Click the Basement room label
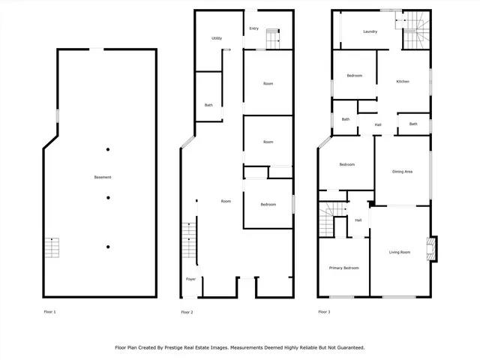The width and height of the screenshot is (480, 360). tap(103, 177)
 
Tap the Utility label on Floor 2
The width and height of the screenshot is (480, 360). tap(216, 38)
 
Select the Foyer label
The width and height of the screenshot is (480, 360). tap(190, 279)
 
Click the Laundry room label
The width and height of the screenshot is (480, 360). tap(370, 31)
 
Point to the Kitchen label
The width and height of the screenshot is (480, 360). tap(403, 81)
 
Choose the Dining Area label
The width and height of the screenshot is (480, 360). tap(403, 172)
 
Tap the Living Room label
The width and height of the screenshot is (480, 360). tap(399, 252)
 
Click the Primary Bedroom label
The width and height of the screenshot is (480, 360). tap(344, 268)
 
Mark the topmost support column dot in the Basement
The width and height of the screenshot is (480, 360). tap(108, 148)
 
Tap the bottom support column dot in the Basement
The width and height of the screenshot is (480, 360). tap(108, 247)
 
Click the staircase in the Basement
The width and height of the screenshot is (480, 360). tap(52, 247)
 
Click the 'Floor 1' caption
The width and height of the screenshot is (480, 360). tap(49, 311)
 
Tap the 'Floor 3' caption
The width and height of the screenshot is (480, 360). tap(324, 311)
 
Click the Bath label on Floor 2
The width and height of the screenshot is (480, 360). tap(208, 105)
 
